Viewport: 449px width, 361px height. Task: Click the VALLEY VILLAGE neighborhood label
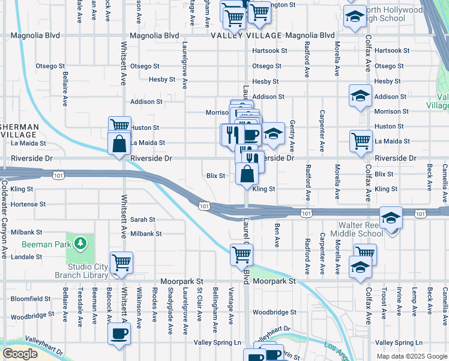click(x=246, y=35)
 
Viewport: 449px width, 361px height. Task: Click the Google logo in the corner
click(x=20, y=354)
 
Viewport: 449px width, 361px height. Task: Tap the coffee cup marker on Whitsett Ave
click(x=119, y=333)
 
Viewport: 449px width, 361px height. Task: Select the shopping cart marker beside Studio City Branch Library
click(x=121, y=262)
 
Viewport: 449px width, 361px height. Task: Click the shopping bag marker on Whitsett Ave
click(x=119, y=143)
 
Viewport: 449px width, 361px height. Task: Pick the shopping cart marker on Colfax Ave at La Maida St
click(x=361, y=141)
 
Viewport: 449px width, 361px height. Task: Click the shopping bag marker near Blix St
click(x=247, y=175)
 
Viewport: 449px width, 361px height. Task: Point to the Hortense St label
click(x=28, y=205)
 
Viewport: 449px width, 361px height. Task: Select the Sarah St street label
click(x=143, y=220)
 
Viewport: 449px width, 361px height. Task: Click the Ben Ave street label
click(x=277, y=235)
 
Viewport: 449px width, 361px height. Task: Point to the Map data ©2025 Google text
click(x=411, y=356)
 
